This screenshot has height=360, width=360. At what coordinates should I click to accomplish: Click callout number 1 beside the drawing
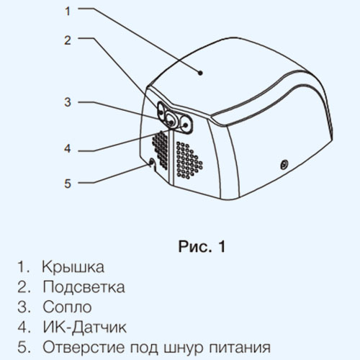coord(68,11)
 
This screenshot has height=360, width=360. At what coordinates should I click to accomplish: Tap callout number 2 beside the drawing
coord(68,40)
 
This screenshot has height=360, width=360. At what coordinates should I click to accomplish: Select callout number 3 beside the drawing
coord(68,102)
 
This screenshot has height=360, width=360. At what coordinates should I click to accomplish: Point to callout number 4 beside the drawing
coord(68,148)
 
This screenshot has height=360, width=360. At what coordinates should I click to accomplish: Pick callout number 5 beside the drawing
coord(68,184)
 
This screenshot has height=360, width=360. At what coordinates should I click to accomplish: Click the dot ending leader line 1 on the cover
coord(200,73)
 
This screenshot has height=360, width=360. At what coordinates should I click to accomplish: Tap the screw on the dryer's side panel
coord(284,165)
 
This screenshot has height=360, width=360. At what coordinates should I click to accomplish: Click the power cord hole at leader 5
coord(152,163)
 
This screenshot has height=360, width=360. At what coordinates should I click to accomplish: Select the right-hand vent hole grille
coord(189,160)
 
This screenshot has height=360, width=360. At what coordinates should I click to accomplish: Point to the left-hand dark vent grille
coord(160,150)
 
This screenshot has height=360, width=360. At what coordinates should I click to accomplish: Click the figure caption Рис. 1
coord(202,246)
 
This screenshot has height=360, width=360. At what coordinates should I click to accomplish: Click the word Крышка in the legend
coord(73,267)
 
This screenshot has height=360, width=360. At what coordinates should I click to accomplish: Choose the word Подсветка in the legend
coord(84,287)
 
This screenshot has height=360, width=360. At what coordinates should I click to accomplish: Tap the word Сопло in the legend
coord(67,307)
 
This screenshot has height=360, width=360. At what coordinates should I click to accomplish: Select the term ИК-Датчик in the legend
coord(84,328)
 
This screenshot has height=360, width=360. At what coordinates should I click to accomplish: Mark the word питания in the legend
coord(240,347)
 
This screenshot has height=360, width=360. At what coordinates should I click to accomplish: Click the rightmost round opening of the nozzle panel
coord(186,124)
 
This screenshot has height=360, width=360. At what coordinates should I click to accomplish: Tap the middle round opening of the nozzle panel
coord(171,120)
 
